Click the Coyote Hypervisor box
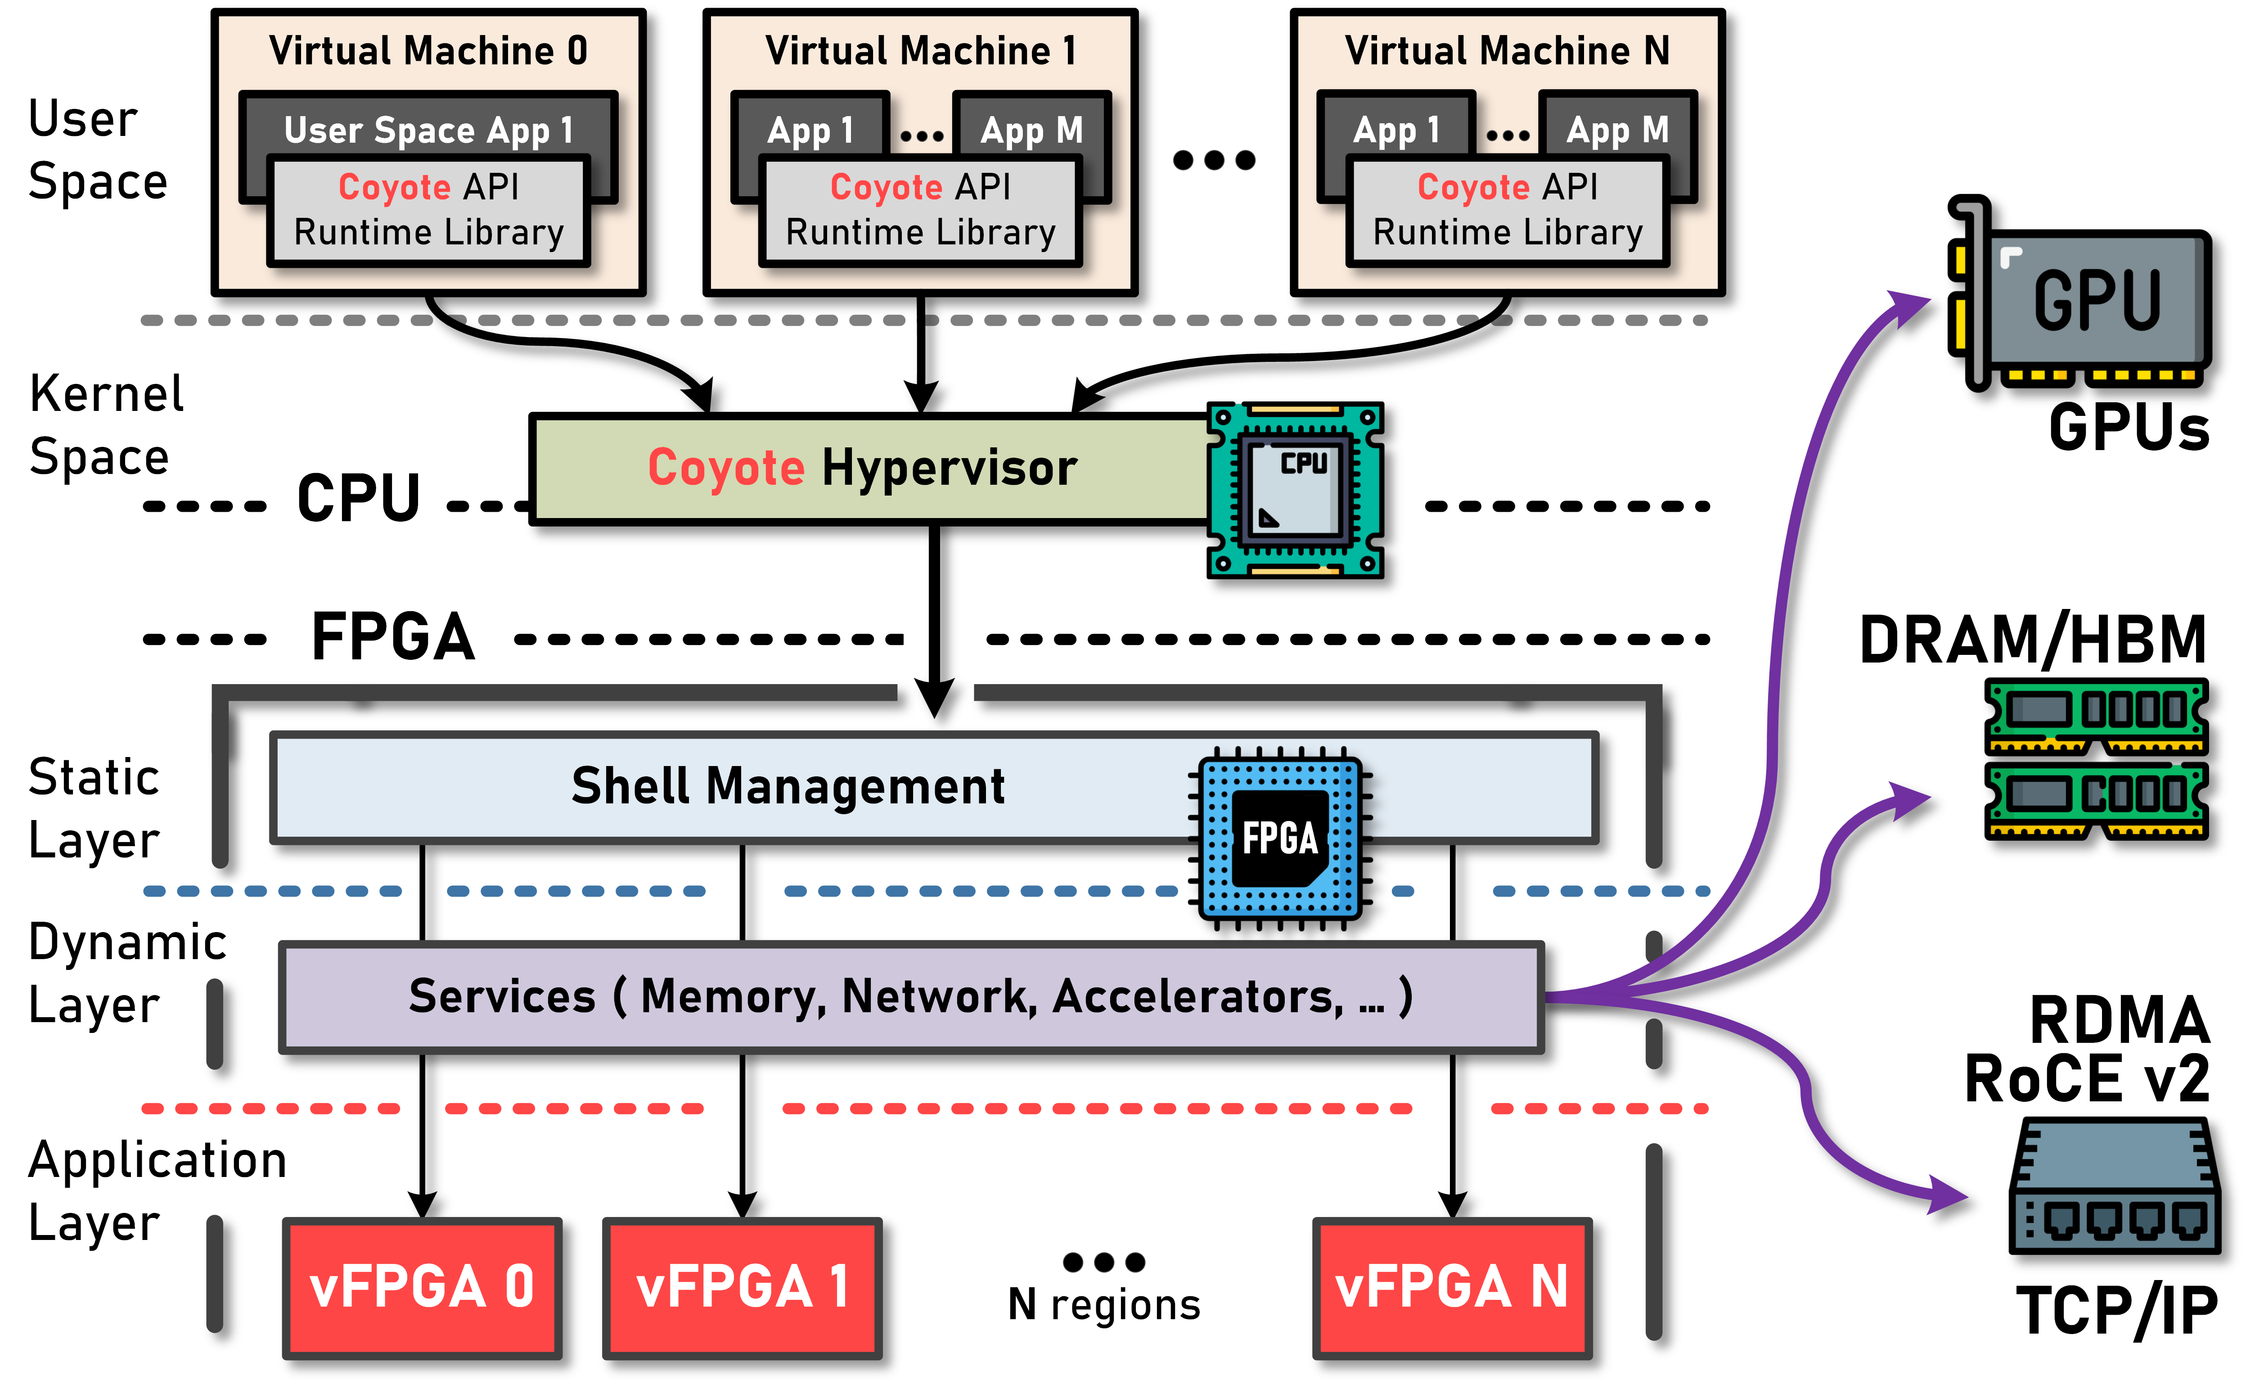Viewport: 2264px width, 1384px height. pos(864,469)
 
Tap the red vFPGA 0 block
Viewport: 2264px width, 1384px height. pos(422,1287)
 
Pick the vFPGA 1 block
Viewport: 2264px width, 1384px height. pos(742,1287)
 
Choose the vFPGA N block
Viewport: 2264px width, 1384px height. pos(1452,1287)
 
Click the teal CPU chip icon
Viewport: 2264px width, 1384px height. pos(1296,490)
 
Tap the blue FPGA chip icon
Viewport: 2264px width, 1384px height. pos(1280,838)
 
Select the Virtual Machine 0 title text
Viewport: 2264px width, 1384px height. pos(428,50)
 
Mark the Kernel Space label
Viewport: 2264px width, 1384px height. pos(106,424)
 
